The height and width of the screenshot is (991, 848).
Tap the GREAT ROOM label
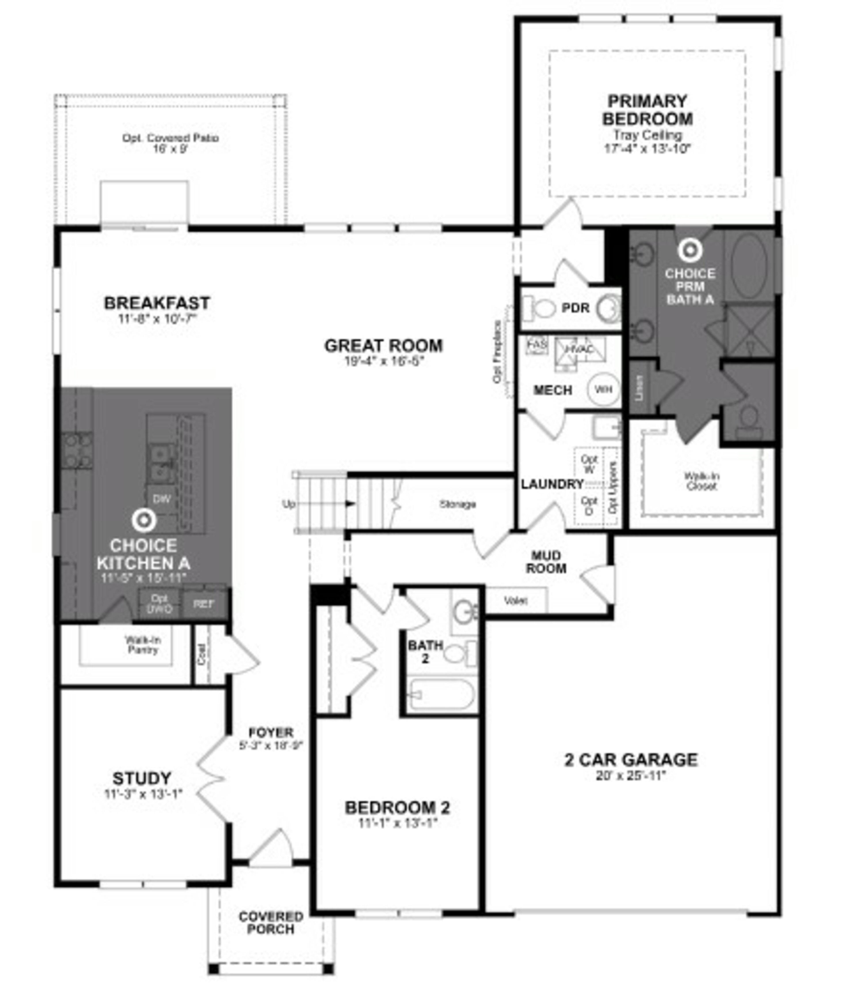point(383,346)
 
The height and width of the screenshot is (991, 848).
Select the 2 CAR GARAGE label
point(631,760)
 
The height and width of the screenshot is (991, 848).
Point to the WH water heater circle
point(603,389)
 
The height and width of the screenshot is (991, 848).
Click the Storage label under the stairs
point(458,504)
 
